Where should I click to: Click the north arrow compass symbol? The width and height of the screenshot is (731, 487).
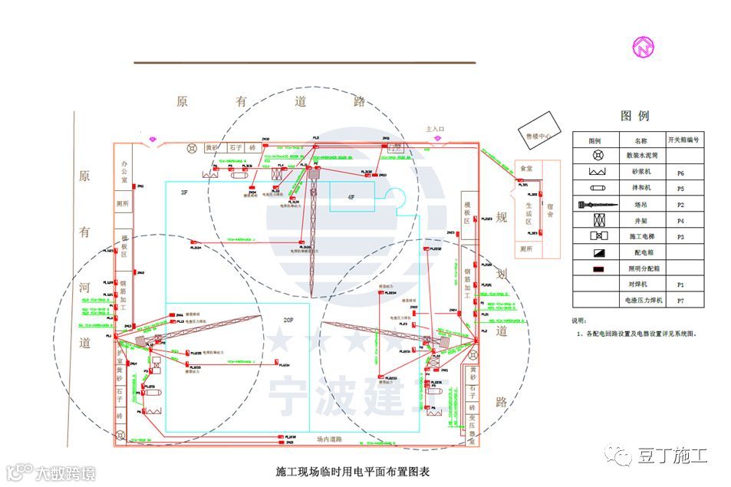pyautogui.click(x=643, y=47)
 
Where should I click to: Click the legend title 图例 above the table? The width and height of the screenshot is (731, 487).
pyautogui.click(x=634, y=116)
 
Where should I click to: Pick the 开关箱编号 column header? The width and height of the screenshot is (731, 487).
pyautogui.click(x=682, y=140)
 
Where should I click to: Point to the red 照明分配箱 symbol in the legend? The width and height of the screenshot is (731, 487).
pyautogui.click(x=594, y=269)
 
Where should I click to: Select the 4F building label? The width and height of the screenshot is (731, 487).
pyautogui.click(x=351, y=197)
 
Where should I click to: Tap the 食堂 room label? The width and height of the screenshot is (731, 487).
pyautogui.click(x=526, y=168)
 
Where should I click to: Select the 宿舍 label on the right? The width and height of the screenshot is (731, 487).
pyautogui.click(x=550, y=209)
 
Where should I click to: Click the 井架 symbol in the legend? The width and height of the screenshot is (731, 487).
pyautogui.click(x=594, y=221)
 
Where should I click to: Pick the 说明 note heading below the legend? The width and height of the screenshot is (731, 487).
pyautogui.click(x=580, y=321)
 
